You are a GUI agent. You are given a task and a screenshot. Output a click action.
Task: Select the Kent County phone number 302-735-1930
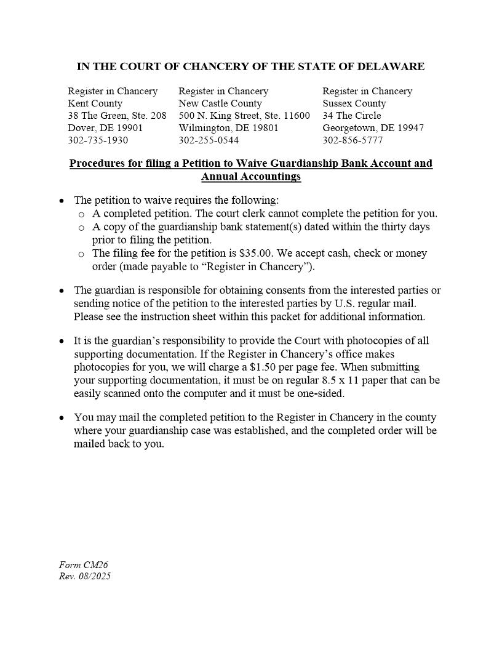point(98,140)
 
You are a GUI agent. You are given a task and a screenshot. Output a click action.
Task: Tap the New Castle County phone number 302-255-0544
point(209,140)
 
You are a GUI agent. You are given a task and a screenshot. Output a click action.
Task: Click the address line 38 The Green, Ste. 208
point(117,116)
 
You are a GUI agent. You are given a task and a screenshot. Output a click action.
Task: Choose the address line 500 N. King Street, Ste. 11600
point(244,116)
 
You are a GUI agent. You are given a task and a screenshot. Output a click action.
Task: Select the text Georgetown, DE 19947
point(373,128)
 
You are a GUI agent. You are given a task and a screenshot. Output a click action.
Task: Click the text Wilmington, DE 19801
point(228,128)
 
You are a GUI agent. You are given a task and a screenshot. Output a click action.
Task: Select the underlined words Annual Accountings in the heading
point(251,177)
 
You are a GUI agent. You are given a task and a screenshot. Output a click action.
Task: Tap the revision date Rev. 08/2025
point(85,577)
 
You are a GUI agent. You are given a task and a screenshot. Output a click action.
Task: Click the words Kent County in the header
point(95,103)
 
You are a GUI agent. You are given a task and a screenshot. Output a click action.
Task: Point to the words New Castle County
point(220,103)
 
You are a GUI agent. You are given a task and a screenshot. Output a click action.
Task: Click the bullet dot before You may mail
point(62,418)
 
